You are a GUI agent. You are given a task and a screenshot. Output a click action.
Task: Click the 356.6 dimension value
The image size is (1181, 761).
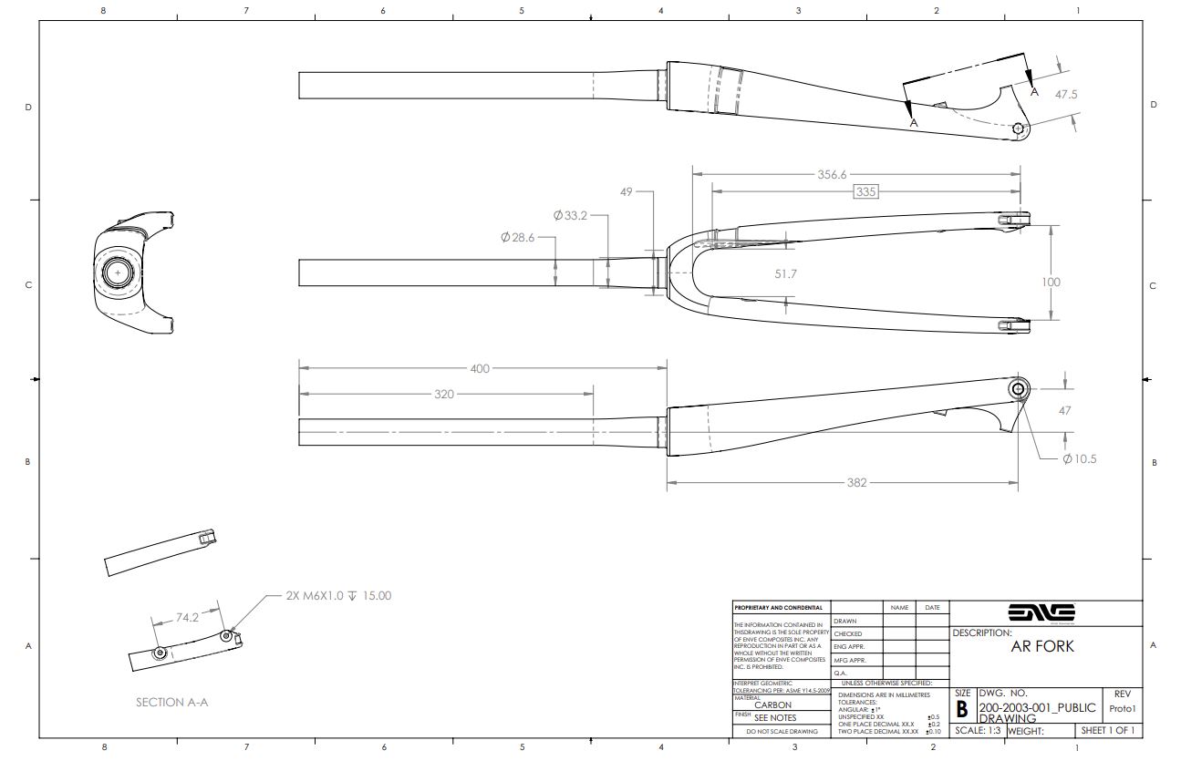[x=832, y=174]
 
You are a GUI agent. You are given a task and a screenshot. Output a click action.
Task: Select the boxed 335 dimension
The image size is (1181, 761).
[x=865, y=191]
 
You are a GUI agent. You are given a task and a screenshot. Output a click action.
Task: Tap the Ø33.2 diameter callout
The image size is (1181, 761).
[x=570, y=216]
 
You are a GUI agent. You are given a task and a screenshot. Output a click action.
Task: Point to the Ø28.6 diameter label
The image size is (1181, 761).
[x=517, y=237]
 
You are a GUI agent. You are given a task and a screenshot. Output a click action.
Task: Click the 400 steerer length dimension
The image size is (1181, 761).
[x=480, y=368]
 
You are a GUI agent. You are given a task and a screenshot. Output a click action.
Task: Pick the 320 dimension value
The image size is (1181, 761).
[x=443, y=394]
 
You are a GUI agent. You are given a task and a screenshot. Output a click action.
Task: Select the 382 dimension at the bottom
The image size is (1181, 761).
[x=856, y=482]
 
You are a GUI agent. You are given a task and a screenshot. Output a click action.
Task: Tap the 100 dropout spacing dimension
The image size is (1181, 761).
[x=1051, y=282]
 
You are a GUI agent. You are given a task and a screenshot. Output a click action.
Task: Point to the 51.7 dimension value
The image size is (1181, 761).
[x=785, y=273]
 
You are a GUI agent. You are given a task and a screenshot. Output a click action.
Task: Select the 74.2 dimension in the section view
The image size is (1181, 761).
[x=187, y=617]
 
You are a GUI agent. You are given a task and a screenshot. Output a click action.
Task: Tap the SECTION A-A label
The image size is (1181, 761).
[x=172, y=702]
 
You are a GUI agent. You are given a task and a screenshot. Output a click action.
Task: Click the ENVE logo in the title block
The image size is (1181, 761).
[x=1041, y=612]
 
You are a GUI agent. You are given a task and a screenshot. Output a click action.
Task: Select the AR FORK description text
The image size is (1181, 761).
[x=1042, y=646]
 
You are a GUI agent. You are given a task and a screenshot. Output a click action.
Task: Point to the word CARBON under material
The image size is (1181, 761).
[x=772, y=704]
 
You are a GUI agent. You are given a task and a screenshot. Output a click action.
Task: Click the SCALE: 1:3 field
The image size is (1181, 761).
[x=978, y=730]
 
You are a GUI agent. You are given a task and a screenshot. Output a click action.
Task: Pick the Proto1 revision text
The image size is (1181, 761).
[x=1122, y=708]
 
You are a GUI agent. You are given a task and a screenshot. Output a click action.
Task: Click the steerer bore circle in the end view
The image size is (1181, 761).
[x=118, y=272]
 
